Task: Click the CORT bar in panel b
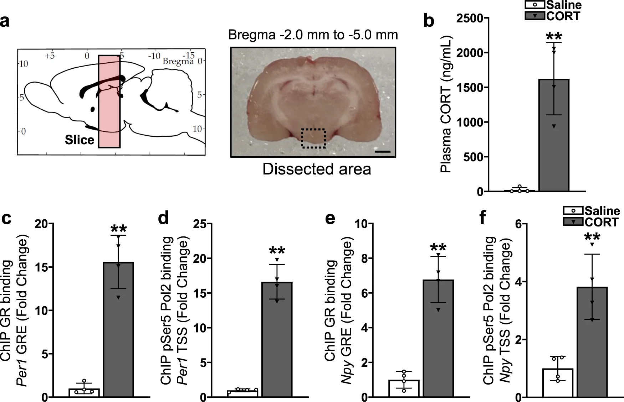(553, 135)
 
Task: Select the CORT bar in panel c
(118, 329)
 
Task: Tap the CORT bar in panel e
(438, 338)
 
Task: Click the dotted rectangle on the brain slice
(313, 139)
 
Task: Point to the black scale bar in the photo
(383, 152)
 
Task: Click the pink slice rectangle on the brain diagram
(109, 101)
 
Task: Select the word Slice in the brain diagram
(79, 140)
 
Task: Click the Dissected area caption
(317, 169)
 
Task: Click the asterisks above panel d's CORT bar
(277, 251)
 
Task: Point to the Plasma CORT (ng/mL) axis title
(446, 105)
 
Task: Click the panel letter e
(330, 218)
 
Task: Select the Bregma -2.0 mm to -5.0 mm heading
(313, 35)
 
